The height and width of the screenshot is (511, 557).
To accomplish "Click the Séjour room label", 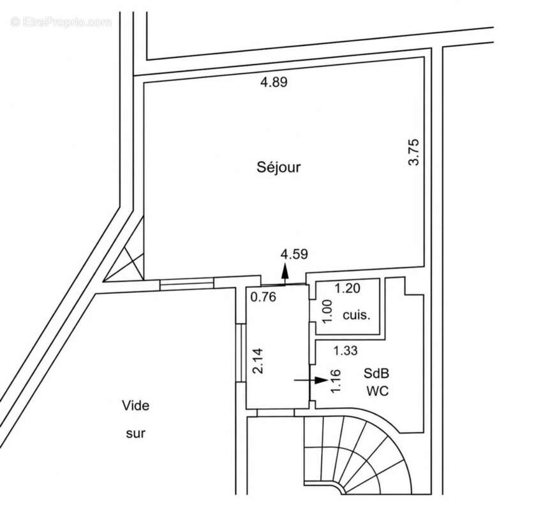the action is [278, 167].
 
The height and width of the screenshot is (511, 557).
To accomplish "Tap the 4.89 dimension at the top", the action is [274, 82].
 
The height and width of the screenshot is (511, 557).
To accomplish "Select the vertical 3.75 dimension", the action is [414, 152].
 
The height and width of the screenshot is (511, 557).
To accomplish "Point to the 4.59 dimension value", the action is [294, 254].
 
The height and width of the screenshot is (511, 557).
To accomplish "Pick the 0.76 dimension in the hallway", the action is [264, 296].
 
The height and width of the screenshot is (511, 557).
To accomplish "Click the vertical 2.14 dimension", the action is [258, 361].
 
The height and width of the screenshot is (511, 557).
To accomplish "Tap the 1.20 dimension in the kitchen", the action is [348, 288].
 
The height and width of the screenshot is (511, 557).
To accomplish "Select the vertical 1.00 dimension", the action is [327, 312].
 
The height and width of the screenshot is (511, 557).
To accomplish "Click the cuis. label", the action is [356, 315].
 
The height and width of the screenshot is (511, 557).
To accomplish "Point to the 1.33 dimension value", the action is [345, 351].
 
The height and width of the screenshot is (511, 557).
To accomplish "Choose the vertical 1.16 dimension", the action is [336, 381].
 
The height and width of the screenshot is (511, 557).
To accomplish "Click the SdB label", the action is [376, 374].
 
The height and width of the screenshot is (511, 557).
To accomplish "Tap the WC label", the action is [377, 391].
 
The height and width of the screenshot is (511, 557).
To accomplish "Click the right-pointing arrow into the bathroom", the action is [311, 380].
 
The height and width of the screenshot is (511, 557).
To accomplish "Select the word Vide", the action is [136, 406].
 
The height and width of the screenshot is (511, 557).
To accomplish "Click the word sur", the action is [136, 433].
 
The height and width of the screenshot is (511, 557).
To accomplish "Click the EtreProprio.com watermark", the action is [61, 22].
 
